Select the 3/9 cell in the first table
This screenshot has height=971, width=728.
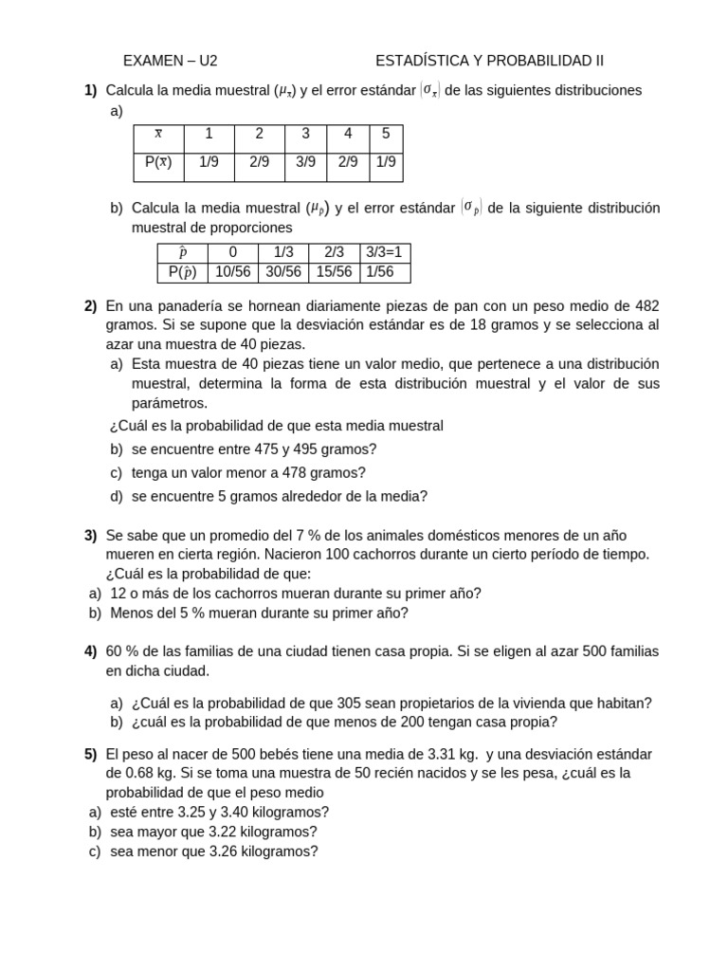pyautogui.click(x=305, y=162)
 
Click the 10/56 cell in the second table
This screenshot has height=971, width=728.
pyautogui.click(x=232, y=272)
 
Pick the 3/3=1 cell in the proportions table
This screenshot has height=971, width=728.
pyautogui.click(x=384, y=252)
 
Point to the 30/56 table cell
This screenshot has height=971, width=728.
pyautogui.click(x=283, y=272)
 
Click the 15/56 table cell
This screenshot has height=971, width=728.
pyautogui.click(x=334, y=272)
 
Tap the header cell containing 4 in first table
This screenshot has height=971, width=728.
pyautogui.click(x=348, y=134)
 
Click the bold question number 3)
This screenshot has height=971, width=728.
pyautogui.click(x=90, y=535)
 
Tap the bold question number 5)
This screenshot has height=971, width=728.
pyautogui.click(x=90, y=754)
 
